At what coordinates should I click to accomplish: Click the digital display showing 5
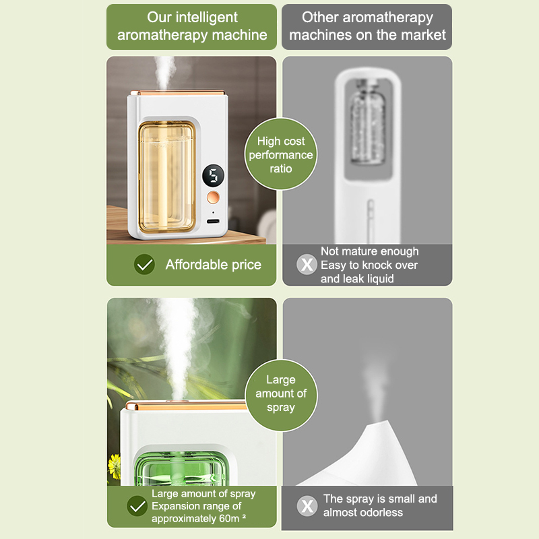pos(213,175)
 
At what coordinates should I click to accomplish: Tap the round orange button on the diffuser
pos(213,197)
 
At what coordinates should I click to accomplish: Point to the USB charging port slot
pos(213,221)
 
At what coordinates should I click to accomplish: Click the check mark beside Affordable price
pos(144,264)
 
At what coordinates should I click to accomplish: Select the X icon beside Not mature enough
pos(307,264)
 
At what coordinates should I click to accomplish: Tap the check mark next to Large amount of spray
pos(137,506)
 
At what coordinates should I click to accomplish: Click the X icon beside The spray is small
pos(307,506)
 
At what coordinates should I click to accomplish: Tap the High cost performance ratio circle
pos(281,154)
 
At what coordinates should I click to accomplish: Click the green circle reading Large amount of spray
pos(281,395)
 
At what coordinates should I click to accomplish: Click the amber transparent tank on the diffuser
pos(167,177)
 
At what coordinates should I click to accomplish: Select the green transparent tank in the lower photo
pos(181,469)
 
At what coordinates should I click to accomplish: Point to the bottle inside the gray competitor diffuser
pos(367,122)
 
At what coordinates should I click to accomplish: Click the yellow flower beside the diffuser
pos(114,466)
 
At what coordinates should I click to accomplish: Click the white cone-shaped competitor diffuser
pos(364,457)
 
